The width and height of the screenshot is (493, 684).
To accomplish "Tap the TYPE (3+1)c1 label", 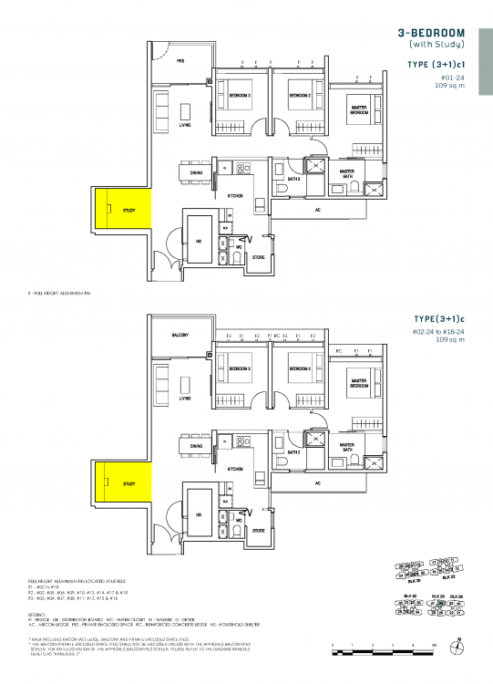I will pyautogui.click(x=437, y=65).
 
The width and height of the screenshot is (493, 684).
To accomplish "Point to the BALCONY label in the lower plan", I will pyautogui.click(x=180, y=335).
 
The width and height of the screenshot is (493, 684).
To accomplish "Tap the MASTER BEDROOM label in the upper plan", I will pyautogui.click(x=358, y=109).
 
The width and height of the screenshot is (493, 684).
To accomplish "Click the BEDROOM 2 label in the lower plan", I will pyautogui.click(x=301, y=368).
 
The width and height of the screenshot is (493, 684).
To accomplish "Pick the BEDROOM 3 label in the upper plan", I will pyautogui.click(x=240, y=96).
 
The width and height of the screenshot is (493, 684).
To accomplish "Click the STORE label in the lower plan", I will pyautogui.click(x=258, y=530).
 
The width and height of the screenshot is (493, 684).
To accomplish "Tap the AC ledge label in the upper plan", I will pyautogui.click(x=318, y=210).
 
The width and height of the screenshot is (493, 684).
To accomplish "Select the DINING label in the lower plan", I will pyautogui.click(x=196, y=445).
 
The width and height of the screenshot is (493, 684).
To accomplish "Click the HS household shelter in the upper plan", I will pyautogui.click(x=199, y=241).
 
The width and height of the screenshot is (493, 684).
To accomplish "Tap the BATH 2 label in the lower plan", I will pyautogui.click(x=294, y=452).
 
